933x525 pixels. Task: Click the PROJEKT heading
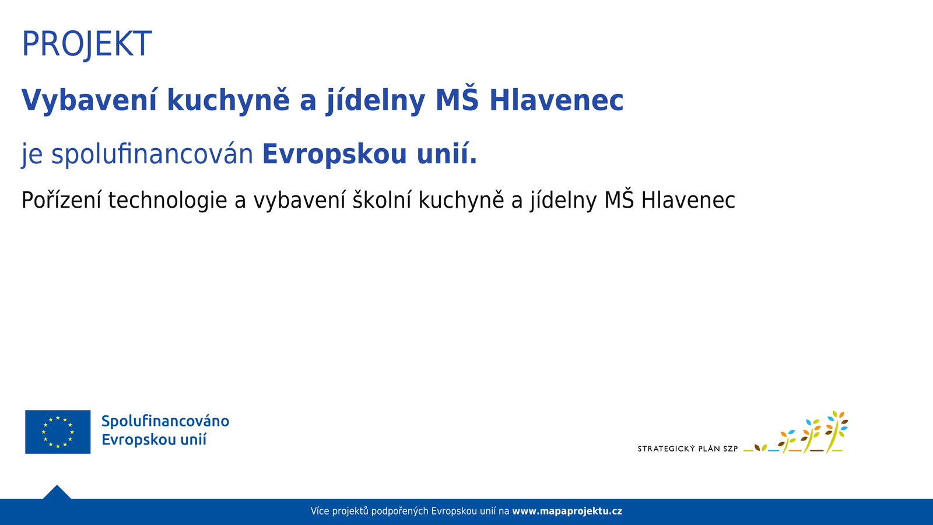point(86,44)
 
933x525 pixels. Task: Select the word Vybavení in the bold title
point(89,100)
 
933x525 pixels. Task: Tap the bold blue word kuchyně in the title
point(228,100)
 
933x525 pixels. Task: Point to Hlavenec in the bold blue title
point(556,100)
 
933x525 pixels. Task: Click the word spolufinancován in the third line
point(152,155)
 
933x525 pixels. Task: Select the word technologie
point(167,200)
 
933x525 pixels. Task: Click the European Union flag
point(58,432)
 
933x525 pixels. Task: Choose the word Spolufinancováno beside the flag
point(165,421)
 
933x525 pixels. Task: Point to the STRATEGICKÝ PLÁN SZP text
point(688,449)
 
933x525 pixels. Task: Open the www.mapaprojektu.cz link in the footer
point(567,512)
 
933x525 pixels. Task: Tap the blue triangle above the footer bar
point(57,493)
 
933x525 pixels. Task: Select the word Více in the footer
point(320,512)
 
